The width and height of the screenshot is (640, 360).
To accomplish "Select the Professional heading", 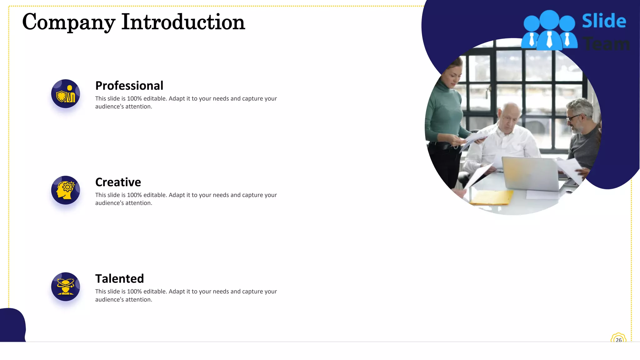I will (x=129, y=86).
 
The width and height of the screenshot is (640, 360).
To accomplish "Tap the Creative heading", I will (x=118, y=182).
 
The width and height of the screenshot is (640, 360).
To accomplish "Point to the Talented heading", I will (x=119, y=279).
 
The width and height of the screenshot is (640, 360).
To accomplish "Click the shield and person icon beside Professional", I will (x=66, y=94).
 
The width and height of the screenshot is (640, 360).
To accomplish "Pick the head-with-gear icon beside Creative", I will (x=66, y=190).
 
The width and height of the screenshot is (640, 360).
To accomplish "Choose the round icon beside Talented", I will (x=66, y=287).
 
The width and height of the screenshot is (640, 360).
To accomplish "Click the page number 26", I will (x=618, y=340).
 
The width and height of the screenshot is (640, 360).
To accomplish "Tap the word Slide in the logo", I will (x=604, y=21).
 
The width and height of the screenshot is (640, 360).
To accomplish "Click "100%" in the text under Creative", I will (x=134, y=195).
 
